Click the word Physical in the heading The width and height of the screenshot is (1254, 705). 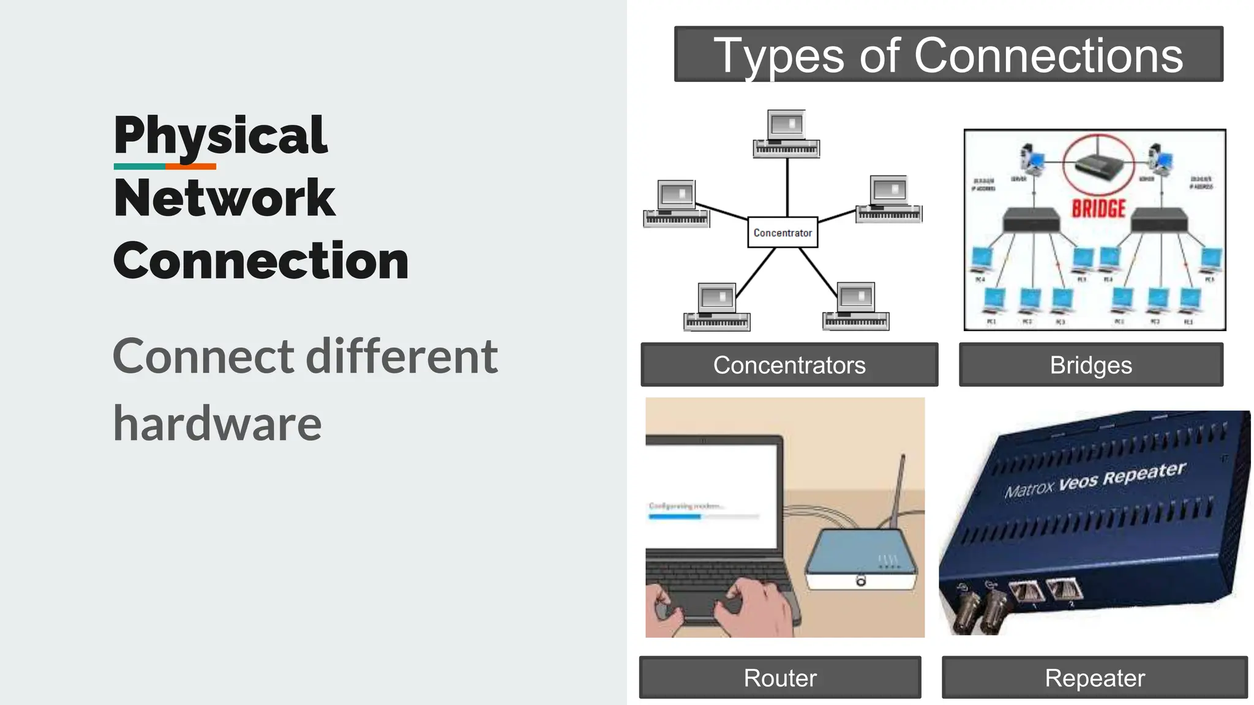point(220,136)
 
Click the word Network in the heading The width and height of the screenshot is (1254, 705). point(224,198)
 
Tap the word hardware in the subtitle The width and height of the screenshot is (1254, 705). point(217,423)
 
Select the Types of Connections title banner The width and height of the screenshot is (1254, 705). point(948,54)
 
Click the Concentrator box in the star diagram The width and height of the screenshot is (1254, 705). point(783,233)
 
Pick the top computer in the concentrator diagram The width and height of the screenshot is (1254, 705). point(786,133)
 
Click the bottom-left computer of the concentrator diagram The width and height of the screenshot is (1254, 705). point(716,306)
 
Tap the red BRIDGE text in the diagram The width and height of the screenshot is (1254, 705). point(1098,209)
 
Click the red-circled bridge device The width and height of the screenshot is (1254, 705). point(1098,165)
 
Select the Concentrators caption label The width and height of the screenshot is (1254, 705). point(789,365)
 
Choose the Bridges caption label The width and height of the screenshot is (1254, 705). point(1091,365)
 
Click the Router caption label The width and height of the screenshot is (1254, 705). point(779,677)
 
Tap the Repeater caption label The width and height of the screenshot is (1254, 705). point(1094,677)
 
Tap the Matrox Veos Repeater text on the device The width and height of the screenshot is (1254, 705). point(1095,480)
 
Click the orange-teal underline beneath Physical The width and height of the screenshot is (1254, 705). point(165,166)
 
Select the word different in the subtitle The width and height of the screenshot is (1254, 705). point(402,356)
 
